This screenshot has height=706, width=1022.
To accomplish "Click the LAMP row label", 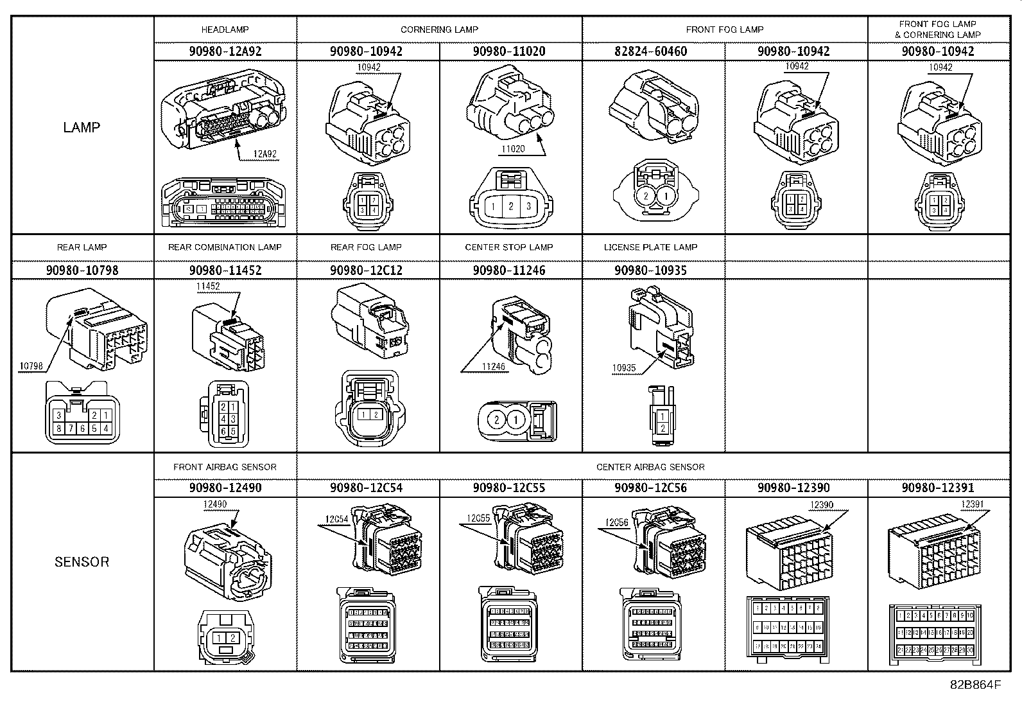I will click(82, 127).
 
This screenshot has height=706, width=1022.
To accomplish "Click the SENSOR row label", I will click(82, 562).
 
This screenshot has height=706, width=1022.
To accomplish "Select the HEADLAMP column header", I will click(225, 30).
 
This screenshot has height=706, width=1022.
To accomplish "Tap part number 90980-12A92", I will click(225, 51).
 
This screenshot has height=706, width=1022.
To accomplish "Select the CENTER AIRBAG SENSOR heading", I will click(650, 467).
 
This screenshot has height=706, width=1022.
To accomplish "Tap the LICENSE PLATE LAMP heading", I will click(650, 247).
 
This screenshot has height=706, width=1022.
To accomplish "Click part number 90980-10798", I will click(82, 270).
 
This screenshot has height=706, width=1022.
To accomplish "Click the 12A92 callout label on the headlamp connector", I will click(264, 154).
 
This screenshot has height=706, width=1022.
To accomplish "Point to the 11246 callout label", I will click(493, 367).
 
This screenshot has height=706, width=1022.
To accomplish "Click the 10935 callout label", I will click(623, 368).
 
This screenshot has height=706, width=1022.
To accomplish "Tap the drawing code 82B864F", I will click(975, 684).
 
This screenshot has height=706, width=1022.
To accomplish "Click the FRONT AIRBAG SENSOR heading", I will click(225, 467).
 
